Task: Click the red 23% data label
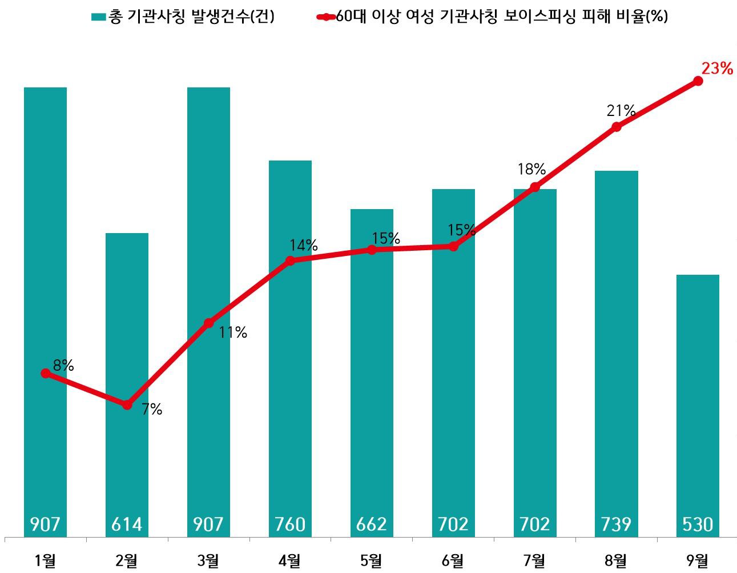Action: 716,69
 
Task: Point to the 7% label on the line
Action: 152,409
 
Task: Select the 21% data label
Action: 621,110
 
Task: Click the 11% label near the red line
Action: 233,332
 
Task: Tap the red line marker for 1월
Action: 46,373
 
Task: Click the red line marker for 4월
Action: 290,261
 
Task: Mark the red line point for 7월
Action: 535,187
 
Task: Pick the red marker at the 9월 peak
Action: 698,81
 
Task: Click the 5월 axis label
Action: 372,560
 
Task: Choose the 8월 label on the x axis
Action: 617,560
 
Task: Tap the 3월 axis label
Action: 208,560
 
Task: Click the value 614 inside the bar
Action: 127,524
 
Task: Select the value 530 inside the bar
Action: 698,524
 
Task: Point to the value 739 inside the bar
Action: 617,524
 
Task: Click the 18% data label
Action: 531,169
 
